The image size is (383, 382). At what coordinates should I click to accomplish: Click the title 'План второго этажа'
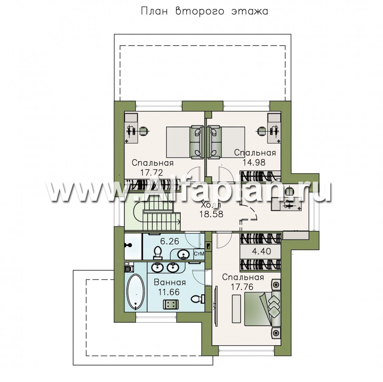204,11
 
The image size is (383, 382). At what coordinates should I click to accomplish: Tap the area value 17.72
152,173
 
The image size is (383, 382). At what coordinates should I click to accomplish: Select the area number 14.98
254,162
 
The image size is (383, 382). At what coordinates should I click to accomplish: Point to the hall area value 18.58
212,214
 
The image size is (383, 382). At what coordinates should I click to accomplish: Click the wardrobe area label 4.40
261,251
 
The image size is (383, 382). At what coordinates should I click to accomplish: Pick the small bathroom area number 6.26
170,241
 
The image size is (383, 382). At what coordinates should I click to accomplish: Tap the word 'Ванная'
170,282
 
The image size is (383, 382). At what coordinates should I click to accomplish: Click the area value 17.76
242,287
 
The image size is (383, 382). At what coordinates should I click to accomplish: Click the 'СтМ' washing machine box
199,254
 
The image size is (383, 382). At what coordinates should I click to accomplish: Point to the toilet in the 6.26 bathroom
158,253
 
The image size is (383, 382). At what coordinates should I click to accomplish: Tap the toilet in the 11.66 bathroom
198,299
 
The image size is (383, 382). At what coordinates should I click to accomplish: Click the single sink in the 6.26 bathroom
182,255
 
